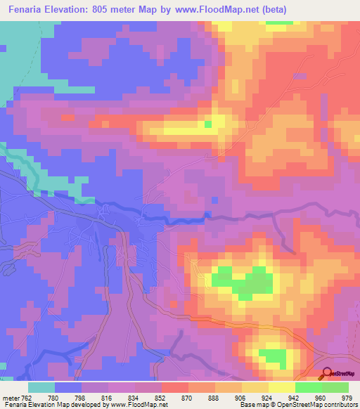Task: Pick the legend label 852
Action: coord(154,397)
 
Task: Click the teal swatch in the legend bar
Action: coord(41,387)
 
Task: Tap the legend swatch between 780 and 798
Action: coord(67,387)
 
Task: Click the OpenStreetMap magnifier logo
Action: coord(326,375)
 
